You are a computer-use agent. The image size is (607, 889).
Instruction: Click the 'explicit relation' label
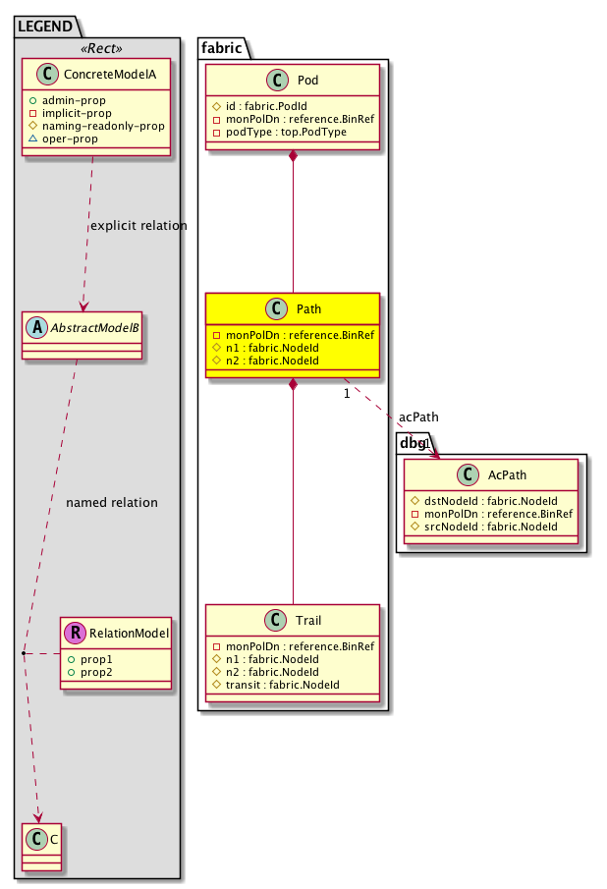(x=138, y=226)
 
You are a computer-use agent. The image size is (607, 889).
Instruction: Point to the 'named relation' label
(x=111, y=503)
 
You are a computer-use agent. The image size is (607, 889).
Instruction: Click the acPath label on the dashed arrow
(x=418, y=418)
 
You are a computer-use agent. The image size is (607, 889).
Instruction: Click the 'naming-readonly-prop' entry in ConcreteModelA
(x=101, y=126)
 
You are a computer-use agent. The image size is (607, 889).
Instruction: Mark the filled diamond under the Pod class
(x=294, y=156)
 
